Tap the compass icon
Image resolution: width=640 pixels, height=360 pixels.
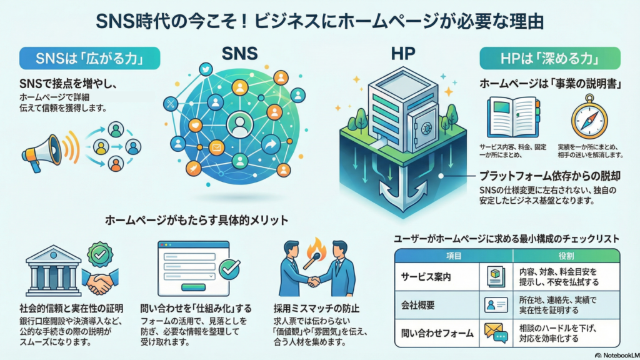coord(587,121)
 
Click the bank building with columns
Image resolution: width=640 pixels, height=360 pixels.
coord(54,270)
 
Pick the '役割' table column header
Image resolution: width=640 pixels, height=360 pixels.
coord(566,256)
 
